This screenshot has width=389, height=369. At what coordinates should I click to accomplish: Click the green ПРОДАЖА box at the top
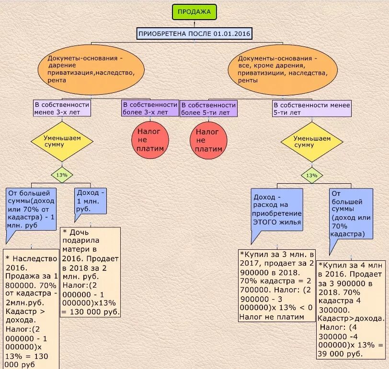point(194,12)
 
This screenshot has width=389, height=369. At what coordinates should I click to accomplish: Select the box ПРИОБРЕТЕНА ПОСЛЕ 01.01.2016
point(194,34)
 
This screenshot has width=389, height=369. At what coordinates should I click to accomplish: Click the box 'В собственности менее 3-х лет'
point(62,108)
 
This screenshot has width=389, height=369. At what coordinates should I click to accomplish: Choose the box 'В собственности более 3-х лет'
point(150,108)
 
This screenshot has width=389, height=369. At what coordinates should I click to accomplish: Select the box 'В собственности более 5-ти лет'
point(208,108)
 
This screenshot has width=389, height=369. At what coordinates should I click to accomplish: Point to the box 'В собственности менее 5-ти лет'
point(312,108)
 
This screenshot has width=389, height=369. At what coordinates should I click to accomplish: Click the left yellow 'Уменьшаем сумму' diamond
point(62,141)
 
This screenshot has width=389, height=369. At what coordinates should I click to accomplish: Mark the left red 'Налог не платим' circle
point(150,139)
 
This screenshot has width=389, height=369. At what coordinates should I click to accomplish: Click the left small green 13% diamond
point(62,175)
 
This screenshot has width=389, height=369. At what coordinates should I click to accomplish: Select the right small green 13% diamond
point(312,176)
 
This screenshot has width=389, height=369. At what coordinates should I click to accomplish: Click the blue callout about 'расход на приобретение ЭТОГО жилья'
point(277,210)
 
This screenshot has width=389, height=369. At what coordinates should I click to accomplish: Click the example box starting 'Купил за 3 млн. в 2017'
point(277,285)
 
